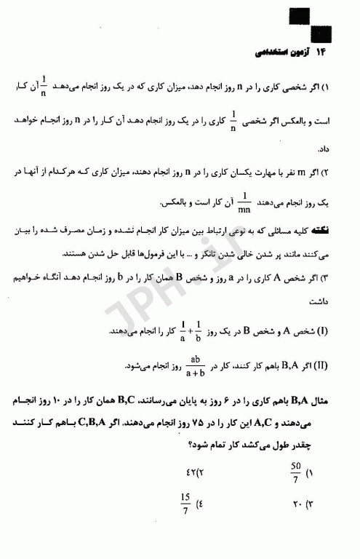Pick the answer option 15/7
pos(184,503)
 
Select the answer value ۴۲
pos(188,471)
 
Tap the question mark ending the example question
pos(169,442)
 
